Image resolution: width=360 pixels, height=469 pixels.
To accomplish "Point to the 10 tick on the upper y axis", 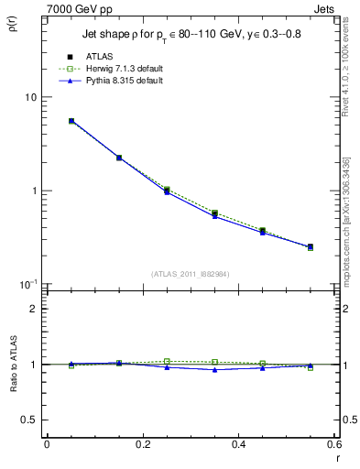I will [x=29, y=97].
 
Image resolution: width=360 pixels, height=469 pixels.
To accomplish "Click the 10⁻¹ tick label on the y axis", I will [x=27, y=284].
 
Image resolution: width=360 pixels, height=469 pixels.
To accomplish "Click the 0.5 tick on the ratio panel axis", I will [x=28, y=420].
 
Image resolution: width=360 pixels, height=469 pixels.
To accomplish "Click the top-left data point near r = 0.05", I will [x=71, y=121].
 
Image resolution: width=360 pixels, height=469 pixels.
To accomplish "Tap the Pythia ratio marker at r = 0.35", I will [x=214, y=369].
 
